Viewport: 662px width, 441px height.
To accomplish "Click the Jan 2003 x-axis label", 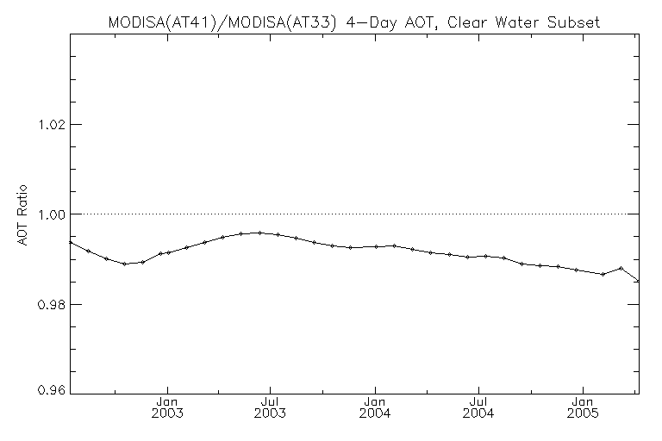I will click(167, 407).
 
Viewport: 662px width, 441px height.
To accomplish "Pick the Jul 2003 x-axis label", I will click(271, 407).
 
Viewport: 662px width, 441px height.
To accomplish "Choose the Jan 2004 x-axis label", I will click(375, 407).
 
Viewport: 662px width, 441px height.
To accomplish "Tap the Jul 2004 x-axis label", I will click(479, 407).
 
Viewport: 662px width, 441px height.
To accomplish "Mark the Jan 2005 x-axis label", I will click(584, 407).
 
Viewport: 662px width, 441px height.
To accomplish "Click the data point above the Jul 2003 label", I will click(259, 233).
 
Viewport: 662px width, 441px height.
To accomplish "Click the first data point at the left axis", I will click(70, 242).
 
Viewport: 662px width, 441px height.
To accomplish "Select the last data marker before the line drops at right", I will click(621, 268).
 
